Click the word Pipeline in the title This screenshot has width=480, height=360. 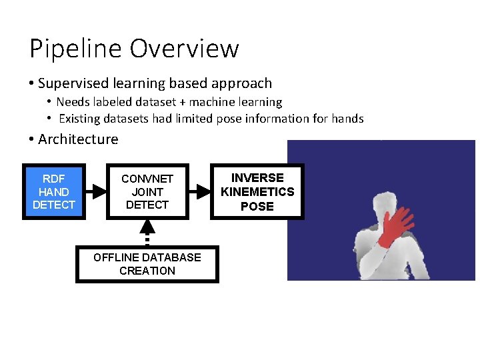point(75,49)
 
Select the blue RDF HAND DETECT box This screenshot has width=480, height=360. point(53,191)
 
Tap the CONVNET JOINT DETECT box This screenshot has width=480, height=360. point(147,191)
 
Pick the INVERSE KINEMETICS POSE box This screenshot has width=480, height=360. point(257,191)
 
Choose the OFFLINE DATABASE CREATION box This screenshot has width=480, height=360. point(147,264)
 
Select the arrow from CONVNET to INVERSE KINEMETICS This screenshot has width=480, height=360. point(199,191)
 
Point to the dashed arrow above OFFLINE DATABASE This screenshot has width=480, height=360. point(147,233)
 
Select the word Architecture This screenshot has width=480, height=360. point(78,139)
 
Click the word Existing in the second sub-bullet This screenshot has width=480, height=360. point(80,119)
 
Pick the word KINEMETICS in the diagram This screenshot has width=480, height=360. point(257,192)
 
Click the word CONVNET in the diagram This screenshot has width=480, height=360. point(147,179)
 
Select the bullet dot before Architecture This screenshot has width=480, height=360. point(31,139)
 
